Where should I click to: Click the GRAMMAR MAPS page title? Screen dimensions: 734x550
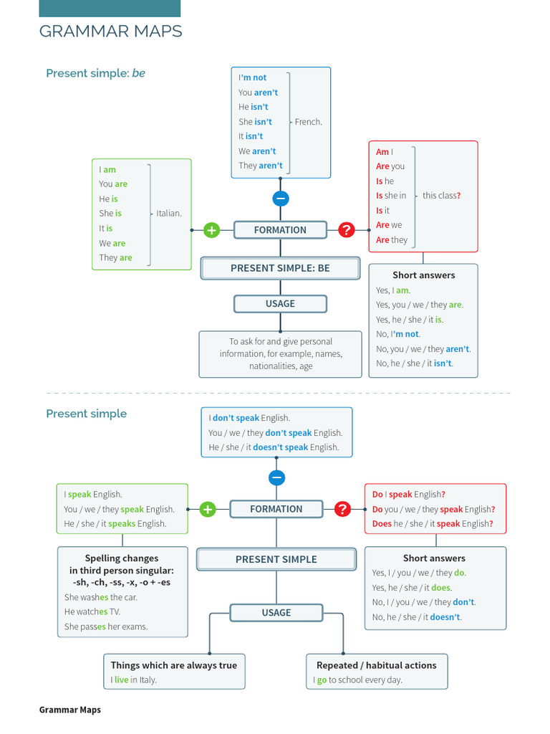[110, 32]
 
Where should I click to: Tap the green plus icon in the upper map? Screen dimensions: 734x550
[211, 230]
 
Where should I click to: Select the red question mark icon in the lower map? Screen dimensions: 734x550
[342, 509]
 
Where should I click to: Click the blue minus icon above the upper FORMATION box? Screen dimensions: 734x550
[281, 199]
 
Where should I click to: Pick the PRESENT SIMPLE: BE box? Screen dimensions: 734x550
[280, 268]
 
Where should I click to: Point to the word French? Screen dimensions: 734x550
[309, 122]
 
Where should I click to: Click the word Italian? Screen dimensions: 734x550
[169, 213]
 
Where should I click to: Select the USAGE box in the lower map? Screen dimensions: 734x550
[276, 613]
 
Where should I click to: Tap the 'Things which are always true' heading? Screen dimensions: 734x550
[173, 665]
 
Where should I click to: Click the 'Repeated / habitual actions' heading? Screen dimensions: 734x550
[377, 665]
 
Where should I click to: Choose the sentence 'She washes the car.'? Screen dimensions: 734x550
[101, 597]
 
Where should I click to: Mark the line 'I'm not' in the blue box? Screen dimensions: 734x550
[252, 77]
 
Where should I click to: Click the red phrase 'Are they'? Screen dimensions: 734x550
[392, 240]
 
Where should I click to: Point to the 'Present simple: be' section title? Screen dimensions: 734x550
[95, 73]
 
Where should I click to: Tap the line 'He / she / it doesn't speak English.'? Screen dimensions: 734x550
[274, 447]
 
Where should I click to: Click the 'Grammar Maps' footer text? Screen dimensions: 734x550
[70, 710]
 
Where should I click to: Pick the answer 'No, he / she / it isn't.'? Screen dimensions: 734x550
[415, 363]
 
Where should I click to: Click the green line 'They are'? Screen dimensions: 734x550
[115, 258]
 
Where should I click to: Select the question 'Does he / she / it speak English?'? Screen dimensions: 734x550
[433, 524]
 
